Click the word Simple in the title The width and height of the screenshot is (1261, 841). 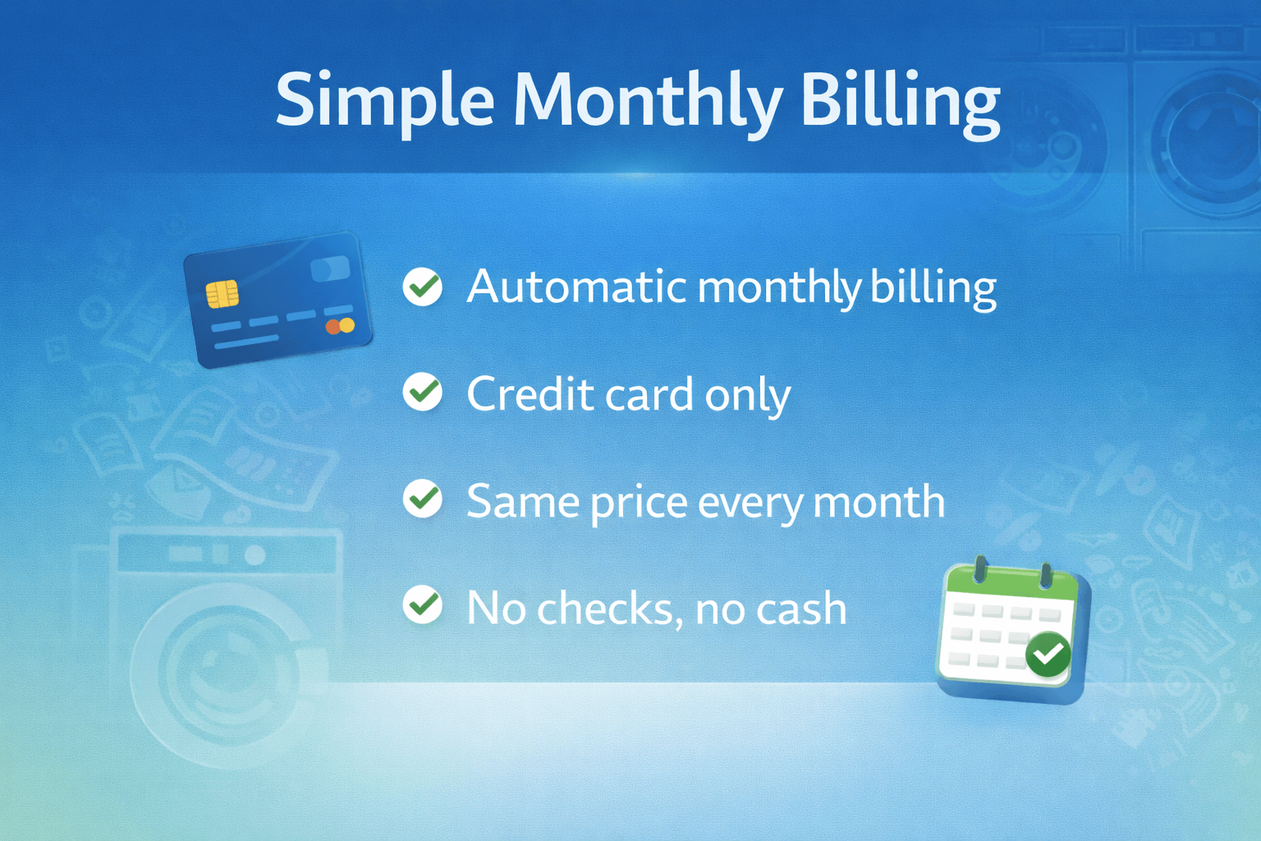(x=384, y=100)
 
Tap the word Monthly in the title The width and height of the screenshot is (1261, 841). (x=648, y=100)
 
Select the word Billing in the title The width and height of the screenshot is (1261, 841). (x=900, y=100)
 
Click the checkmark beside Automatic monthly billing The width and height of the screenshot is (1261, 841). (x=423, y=287)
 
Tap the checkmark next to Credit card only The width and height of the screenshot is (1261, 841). (x=423, y=393)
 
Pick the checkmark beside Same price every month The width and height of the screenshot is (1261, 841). (x=423, y=499)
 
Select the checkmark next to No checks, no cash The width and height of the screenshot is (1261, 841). (x=423, y=605)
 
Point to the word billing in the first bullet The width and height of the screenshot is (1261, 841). (x=933, y=287)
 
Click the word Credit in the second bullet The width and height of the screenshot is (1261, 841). (x=530, y=394)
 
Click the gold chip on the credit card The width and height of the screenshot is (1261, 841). (x=222, y=293)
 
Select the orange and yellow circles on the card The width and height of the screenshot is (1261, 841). (x=340, y=326)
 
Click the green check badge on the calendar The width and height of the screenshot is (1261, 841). (x=1048, y=654)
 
